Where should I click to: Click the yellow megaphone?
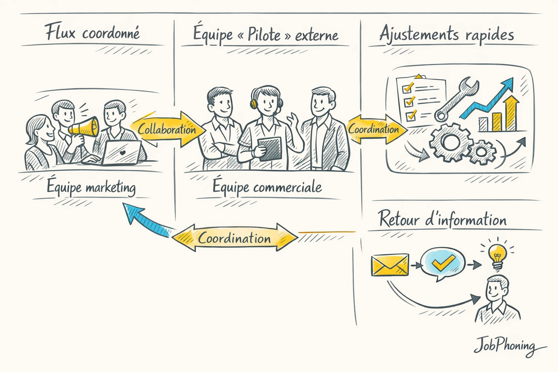coord(84,127)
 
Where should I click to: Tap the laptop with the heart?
coord(121,153)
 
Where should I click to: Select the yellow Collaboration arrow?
coord(165,129)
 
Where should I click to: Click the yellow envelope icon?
coord(390,264)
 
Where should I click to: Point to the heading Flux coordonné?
coord(92,33)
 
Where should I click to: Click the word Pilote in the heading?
coord(264,35)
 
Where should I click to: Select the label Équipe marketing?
coord(91,187)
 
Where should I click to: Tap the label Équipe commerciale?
coord(267,187)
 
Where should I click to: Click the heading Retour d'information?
coord(442,219)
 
